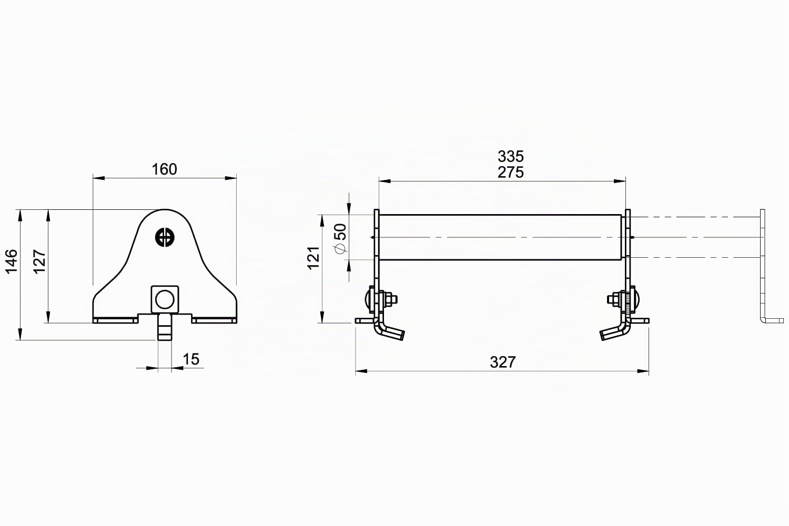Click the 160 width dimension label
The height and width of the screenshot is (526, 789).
(x=164, y=169)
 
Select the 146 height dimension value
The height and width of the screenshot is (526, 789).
(x=12, y=261)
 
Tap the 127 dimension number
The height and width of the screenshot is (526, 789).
(x=39, y=261)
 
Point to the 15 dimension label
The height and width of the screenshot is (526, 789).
(x=191, y=359)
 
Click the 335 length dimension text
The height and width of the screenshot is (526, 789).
(x=511, y=156)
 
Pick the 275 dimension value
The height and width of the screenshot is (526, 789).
(x=511, y=173)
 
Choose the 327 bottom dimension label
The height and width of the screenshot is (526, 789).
(x=503, y=362)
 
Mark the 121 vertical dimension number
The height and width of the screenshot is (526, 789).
(x=313, y=258)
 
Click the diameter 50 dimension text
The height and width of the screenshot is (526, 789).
(x=341, y=238)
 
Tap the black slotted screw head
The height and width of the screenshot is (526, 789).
(x=165, y=237)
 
